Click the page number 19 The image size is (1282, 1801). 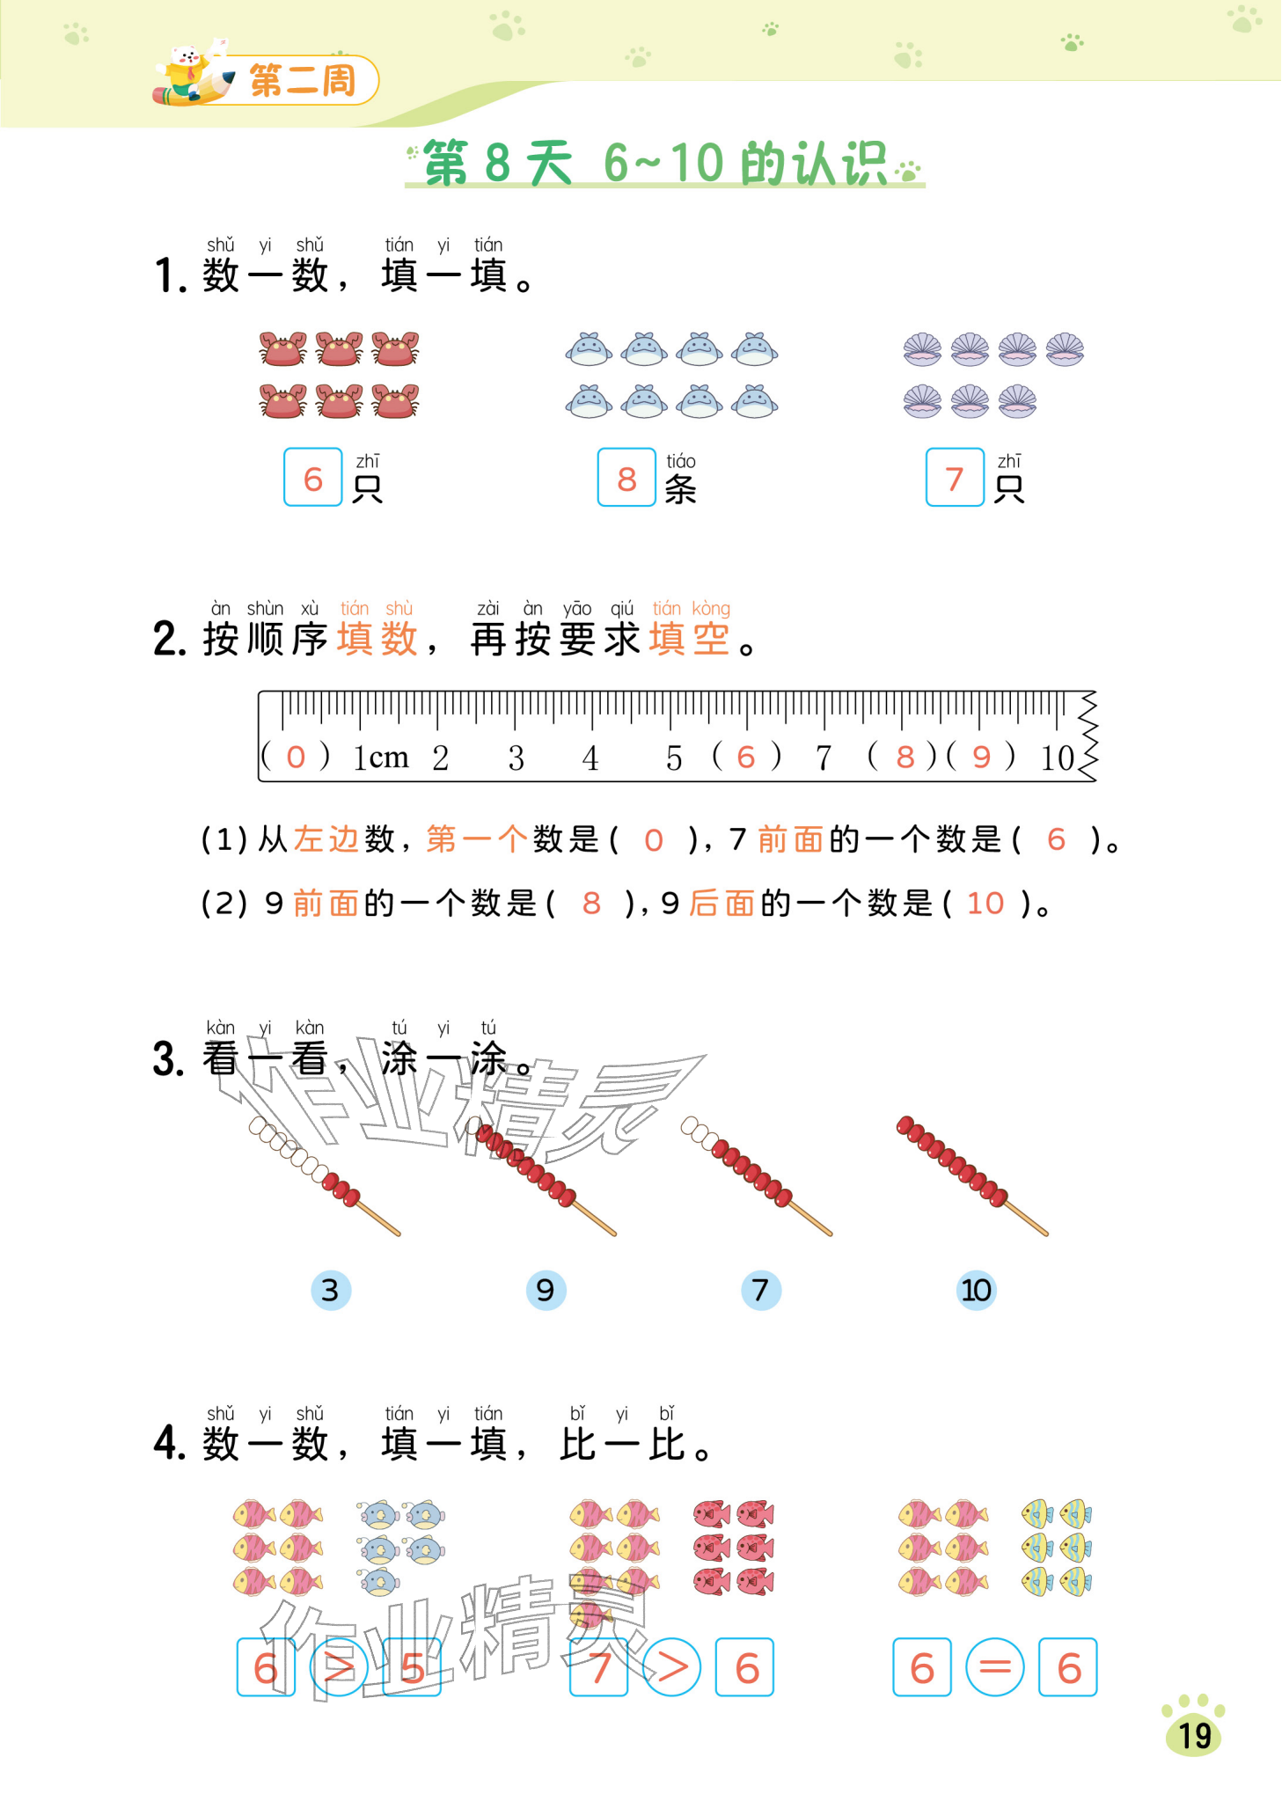click(1194, 1735)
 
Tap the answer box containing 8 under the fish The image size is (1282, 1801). click(626, 478)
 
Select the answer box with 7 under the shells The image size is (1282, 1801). click(954, 478)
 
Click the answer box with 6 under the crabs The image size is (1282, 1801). click(312, 478)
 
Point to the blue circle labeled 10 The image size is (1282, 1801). click(976, 1291)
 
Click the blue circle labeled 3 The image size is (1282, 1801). click(331, 1291)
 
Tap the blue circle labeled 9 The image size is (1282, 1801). click(546, 1291)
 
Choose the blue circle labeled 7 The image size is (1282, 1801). click(761, 1291)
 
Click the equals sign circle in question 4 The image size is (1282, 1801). click(994, 1666)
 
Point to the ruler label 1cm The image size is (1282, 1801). click(381, 757)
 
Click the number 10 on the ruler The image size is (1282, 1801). click(1057, 758)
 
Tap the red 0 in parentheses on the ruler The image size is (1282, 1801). click(296, 757)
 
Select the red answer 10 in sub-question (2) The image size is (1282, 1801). click(985, 904)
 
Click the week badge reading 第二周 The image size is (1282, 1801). click(303, 81)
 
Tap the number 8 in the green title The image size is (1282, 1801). click(497, 163)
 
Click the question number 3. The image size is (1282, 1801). click(168, 1059)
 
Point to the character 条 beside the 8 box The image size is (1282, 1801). click(680, 489)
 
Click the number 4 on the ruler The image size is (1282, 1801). click(590, 758)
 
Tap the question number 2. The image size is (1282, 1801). click(169, 640)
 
